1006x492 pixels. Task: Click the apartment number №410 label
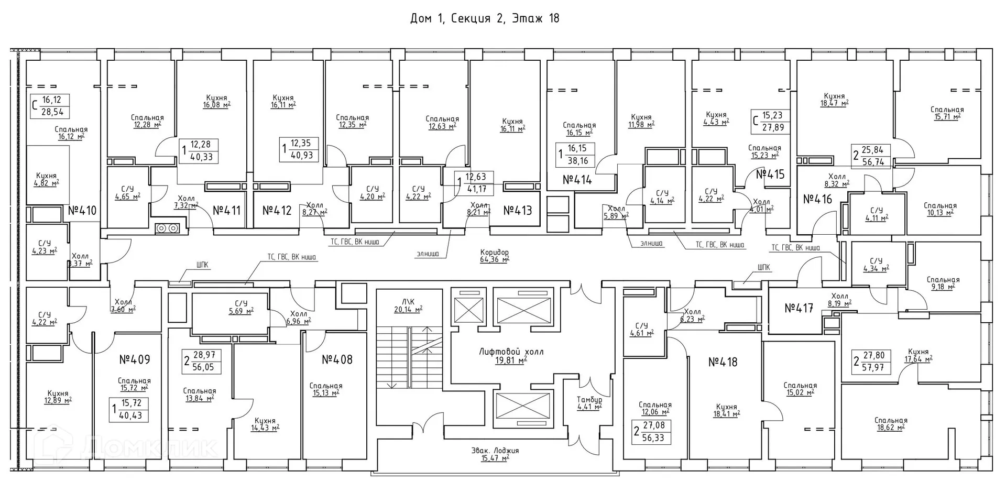[x=82, y=211]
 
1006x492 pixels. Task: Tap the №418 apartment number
[x=723, y=362]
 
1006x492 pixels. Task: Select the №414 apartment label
[x=577, y=180]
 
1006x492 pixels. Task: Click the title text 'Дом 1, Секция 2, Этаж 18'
[x=484, y=18]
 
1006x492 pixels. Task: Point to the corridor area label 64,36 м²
[x=494, y=256]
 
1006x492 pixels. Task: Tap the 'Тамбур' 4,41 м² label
[x=589, y=403]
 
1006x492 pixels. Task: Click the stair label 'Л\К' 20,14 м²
[x=408, y=305]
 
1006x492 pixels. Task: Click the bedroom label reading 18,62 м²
[x=891, y=424]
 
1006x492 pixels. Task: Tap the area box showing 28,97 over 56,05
[x=202, y=361]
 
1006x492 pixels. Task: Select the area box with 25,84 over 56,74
[x=872, y=156]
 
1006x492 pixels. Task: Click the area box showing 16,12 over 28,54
[x=50, y=106]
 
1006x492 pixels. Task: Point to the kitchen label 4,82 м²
[x=47, y=179]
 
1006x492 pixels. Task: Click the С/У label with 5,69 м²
[x=240, y=307]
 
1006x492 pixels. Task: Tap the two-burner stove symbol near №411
[x=167, y=228]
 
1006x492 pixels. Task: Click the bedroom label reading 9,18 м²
[x=943, y=283]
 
